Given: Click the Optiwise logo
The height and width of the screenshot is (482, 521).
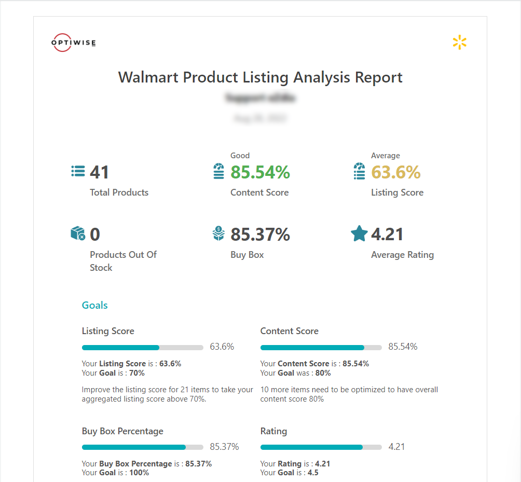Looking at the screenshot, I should tap(74, 43).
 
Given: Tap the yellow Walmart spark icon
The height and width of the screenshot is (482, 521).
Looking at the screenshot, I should tap(459, 43).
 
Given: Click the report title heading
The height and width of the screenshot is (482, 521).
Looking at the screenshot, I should tap(260, 77).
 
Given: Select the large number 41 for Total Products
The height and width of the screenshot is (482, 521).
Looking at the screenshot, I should tap(100, 172).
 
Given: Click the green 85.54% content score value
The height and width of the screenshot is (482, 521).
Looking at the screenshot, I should tap(260, 172).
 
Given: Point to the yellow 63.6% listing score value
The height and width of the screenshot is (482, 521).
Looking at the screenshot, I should tap(395, 172).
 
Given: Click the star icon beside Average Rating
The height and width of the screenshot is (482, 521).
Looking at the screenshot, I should tap(359, 234).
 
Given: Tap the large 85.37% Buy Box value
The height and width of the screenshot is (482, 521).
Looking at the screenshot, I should tap(260, 235).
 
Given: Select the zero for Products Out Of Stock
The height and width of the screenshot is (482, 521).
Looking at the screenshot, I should tap(95, 235).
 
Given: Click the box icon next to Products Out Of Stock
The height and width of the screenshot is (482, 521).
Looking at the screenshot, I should tap(78, 233).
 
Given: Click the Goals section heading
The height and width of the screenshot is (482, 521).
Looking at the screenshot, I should tap(95, 305).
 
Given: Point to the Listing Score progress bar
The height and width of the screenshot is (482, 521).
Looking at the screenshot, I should tap(142, 347).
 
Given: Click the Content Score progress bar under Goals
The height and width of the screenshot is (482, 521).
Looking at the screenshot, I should tap(321, 347).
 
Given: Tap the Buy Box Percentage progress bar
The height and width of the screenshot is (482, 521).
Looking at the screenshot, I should tap(142, 447).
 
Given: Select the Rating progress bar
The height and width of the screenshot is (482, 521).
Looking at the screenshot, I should tap(321, 447).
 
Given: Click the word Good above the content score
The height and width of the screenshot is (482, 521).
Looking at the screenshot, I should tap(240, 156).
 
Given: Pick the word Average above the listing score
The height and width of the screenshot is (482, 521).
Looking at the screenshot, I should tap(385, 156).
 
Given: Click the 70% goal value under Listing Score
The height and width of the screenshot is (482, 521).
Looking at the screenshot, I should tap(137, 373).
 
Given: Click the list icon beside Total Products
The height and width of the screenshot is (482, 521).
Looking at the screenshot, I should tap(78, 172).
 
